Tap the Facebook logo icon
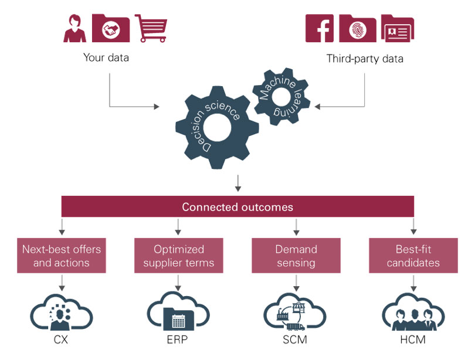[320, 28]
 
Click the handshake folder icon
[111, 28]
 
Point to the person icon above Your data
[75, 28]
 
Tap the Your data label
[106, 58]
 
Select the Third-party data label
[364, 59]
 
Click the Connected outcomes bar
[238, 207]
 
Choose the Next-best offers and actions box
[62, 256]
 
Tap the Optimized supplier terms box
[178, 256]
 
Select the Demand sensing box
[296, 256]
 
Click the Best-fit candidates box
[413, 256]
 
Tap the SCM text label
[296, 339]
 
